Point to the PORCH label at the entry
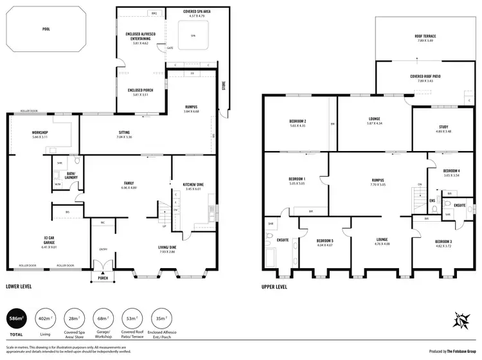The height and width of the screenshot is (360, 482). click(103, 279)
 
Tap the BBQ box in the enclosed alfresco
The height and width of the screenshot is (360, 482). click(154, 13)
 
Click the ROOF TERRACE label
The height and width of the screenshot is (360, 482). click(426, 37)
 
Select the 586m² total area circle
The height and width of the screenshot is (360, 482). click(15, 318)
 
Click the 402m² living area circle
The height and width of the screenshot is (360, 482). click(46, 318)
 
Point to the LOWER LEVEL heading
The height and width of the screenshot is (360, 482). click(19, 286)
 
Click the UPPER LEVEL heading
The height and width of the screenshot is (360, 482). click(274, 286)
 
